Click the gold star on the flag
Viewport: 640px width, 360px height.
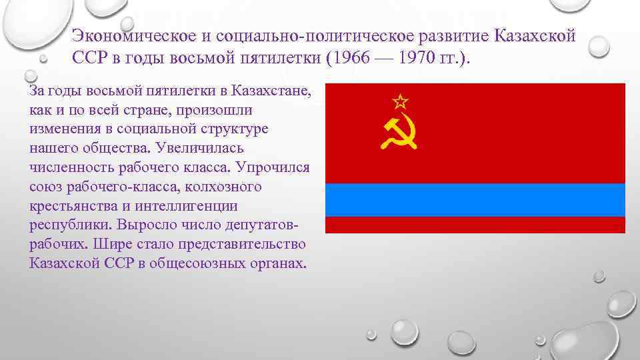(399, 102)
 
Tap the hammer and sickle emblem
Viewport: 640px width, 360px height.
(399, 133)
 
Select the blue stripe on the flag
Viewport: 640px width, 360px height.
(475, 199)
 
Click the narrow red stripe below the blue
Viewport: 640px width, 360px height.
(475, 225)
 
